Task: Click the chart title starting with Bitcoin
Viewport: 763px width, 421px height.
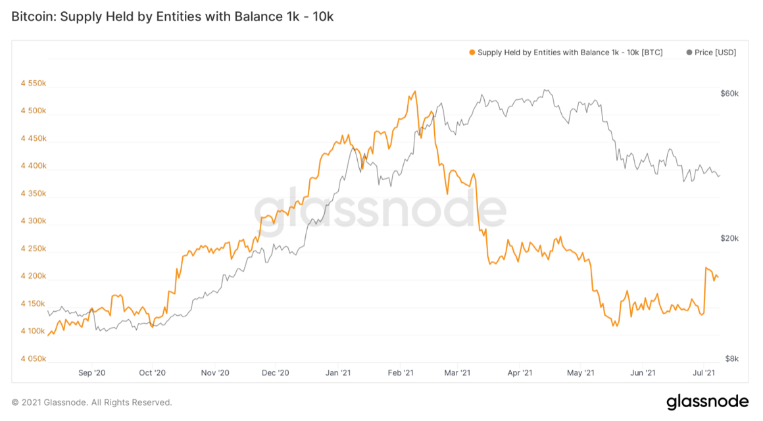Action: (172, 17)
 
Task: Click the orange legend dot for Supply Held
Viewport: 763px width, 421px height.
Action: (472, 53)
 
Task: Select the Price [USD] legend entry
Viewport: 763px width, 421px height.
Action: (711, 53)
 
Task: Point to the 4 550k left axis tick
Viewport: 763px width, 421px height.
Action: (33, 84)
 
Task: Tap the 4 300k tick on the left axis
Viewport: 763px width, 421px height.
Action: (33, 221)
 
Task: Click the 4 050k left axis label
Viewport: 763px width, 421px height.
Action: (33, 359)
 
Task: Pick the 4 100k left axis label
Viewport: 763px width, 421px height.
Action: (33, 332)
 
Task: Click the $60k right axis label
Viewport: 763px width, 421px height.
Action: (730, 93)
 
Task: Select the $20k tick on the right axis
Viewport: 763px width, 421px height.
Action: (730, 238)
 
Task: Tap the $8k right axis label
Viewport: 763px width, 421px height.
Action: (731, 359)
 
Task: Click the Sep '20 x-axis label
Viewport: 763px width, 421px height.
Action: (92, 373)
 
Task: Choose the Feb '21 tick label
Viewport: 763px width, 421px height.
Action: (401, 373)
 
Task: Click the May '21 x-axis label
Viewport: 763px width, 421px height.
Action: (580, 373)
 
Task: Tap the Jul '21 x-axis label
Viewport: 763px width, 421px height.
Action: (704, 373)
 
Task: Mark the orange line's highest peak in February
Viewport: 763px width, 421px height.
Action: (415, 91)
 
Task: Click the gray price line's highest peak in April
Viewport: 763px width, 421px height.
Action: (545, 90)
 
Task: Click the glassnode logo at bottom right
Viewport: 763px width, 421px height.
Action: (707, 401)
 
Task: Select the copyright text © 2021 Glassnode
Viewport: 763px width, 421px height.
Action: (92, 402)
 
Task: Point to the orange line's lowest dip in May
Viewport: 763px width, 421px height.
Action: (614, 326)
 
